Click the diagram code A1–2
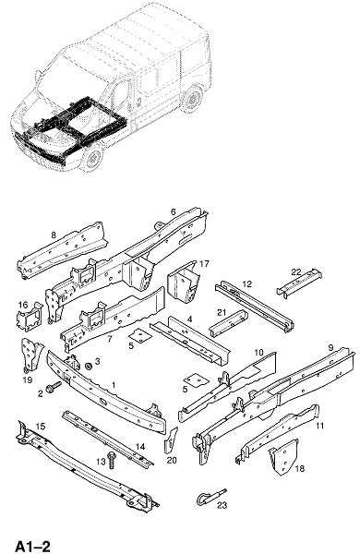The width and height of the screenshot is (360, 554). click(x=32, y=546)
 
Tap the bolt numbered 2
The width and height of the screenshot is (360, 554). click(x=54, y=387)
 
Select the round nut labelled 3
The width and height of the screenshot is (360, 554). click(x=89, y=366)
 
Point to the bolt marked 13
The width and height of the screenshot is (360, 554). click(x=112, y=460)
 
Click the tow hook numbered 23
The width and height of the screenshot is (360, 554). click(x=210, y=497)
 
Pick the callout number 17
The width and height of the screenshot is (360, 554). click(x=205, y=263)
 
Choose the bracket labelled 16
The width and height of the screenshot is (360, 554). click(x=30, y=316)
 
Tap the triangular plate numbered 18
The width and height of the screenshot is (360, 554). click(x=283, y=457)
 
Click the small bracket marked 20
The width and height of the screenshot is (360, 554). click(x=171, y=440)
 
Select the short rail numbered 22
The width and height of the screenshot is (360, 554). click(x=299, y=283)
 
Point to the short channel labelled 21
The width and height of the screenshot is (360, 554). click(x=228, y=323)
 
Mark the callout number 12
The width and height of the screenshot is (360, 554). click(x=247, y=283)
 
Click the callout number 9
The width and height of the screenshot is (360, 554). click(x=330, y=348)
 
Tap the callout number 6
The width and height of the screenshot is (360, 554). click(x=174, y=212)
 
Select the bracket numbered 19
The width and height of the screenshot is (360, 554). click(x=32, y=355)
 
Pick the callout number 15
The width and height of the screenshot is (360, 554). click(x=41, y=427)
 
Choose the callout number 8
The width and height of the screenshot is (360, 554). click(x=54, y=235)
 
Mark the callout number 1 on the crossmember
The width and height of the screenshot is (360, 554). click(x=114, y=385)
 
